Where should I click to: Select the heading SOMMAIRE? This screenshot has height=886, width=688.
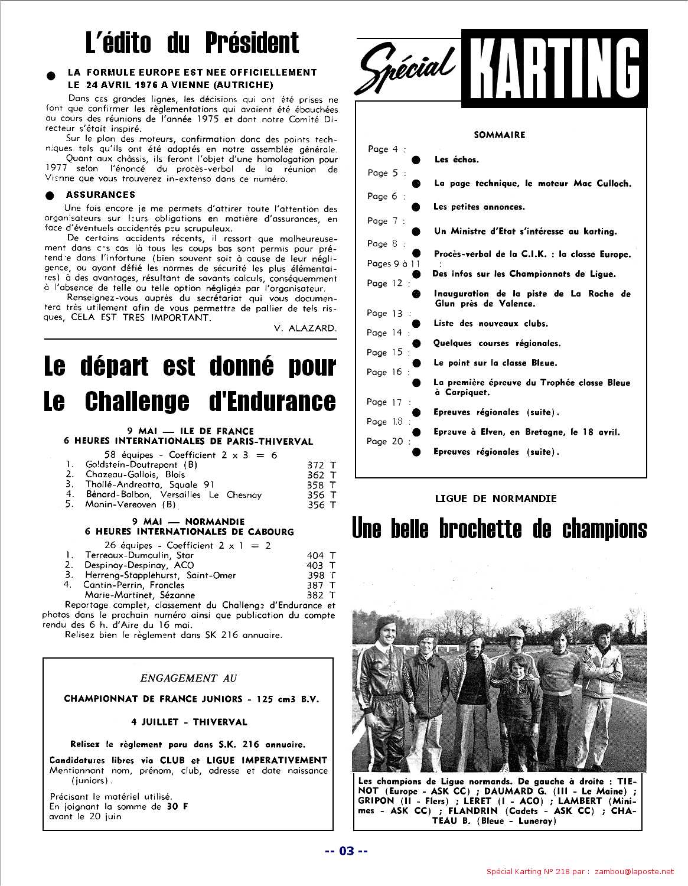499,135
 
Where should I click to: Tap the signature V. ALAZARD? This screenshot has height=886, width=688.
305,328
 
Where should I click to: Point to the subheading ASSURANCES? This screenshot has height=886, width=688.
100,194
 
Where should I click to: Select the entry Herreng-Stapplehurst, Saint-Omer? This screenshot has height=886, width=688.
160,575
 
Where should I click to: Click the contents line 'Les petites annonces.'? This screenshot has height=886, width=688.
478,207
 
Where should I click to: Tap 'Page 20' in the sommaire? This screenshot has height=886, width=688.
384,441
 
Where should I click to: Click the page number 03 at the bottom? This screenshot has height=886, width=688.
347,851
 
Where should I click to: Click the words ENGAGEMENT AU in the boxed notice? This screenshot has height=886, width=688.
188,678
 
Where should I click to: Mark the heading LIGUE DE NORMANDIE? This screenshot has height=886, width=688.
495,499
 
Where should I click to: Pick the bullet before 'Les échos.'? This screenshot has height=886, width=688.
416,159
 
